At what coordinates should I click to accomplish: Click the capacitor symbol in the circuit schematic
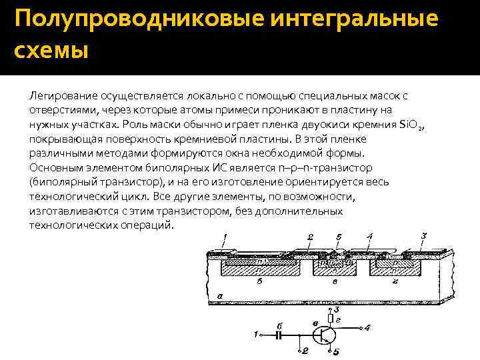[281, 333]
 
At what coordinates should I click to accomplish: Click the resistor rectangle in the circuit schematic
[331, 318]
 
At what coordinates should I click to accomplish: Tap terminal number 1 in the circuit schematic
[257, 333]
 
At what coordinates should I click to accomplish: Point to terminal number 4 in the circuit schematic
[368, 327]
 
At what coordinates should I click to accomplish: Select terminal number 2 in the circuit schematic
[305, 349]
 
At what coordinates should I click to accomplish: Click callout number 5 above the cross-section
[339, 237]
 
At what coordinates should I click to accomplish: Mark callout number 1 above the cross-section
[225, 237]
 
